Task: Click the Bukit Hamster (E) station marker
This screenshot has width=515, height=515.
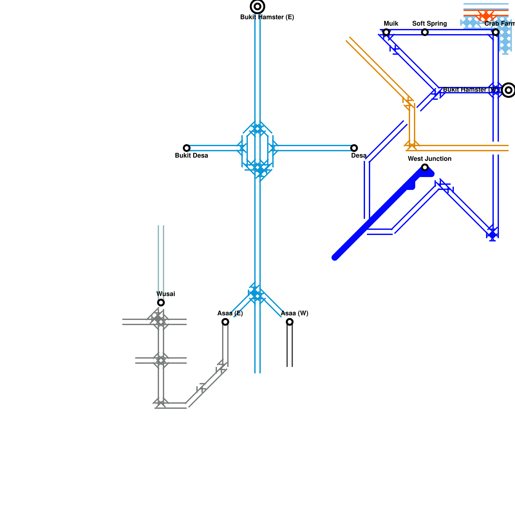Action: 257,6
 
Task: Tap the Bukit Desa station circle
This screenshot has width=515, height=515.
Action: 187,148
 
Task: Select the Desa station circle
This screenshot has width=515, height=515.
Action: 354,148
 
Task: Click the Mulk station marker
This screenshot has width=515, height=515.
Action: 386,32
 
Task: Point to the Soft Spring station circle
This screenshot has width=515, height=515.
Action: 425,32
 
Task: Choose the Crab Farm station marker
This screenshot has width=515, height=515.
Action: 496,32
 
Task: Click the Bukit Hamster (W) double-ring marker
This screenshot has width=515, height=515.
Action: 508,90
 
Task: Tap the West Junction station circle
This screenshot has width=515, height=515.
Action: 425,167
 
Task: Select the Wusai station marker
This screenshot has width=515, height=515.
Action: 161,303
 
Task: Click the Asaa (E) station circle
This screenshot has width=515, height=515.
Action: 225,322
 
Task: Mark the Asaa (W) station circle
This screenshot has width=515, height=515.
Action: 290,322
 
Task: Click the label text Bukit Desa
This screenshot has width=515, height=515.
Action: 191,156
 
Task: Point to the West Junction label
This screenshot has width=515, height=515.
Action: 429,159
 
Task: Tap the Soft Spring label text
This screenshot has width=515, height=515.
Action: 429,24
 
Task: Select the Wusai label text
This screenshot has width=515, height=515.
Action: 165,294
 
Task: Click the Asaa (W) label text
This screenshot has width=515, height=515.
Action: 294,314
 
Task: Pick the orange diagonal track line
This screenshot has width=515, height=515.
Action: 377,68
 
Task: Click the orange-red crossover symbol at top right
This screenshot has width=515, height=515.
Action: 486,15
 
